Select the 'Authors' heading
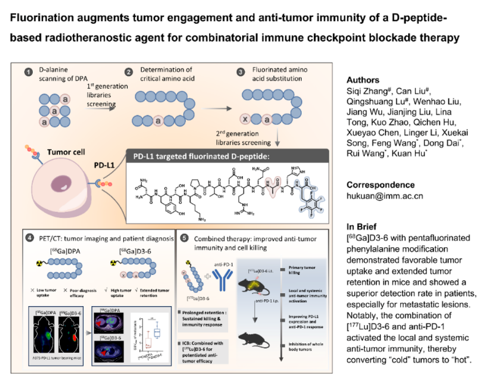tap(363, 80)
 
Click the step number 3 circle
tap(241, 72)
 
